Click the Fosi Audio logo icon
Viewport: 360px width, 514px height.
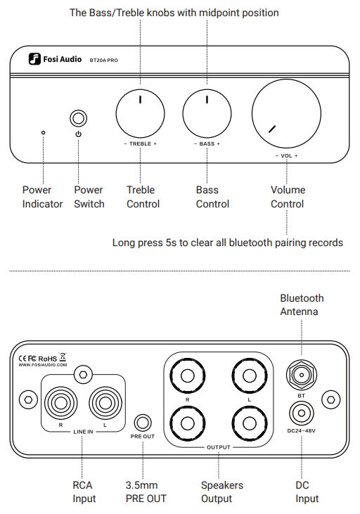pos(34,59)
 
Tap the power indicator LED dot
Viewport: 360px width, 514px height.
pos(44,133)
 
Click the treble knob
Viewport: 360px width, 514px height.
pos(141,113)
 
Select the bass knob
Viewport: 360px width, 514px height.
pos(207,113)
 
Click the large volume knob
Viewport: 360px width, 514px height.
pos(287,113)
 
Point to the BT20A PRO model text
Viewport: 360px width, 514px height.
pos(103,60)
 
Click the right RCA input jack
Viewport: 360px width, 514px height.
pos(60,403)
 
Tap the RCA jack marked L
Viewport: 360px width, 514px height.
pos(105,403)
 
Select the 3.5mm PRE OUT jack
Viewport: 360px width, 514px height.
pos(143,423)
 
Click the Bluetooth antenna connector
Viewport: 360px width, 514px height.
pos(302,375)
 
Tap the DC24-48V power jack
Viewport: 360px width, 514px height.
pos(302,413)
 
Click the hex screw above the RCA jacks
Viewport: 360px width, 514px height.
pos(83,374)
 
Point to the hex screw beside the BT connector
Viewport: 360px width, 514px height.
pos(331,399)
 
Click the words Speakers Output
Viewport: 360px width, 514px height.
pos(222,491)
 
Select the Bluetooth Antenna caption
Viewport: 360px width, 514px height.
pos(302,304)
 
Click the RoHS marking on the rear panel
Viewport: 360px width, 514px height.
pos(48,359)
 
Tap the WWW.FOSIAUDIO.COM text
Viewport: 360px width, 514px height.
pos(43,365)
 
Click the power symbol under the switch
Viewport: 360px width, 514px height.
pos(78,134)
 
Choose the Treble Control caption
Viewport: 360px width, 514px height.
pos(143,197)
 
